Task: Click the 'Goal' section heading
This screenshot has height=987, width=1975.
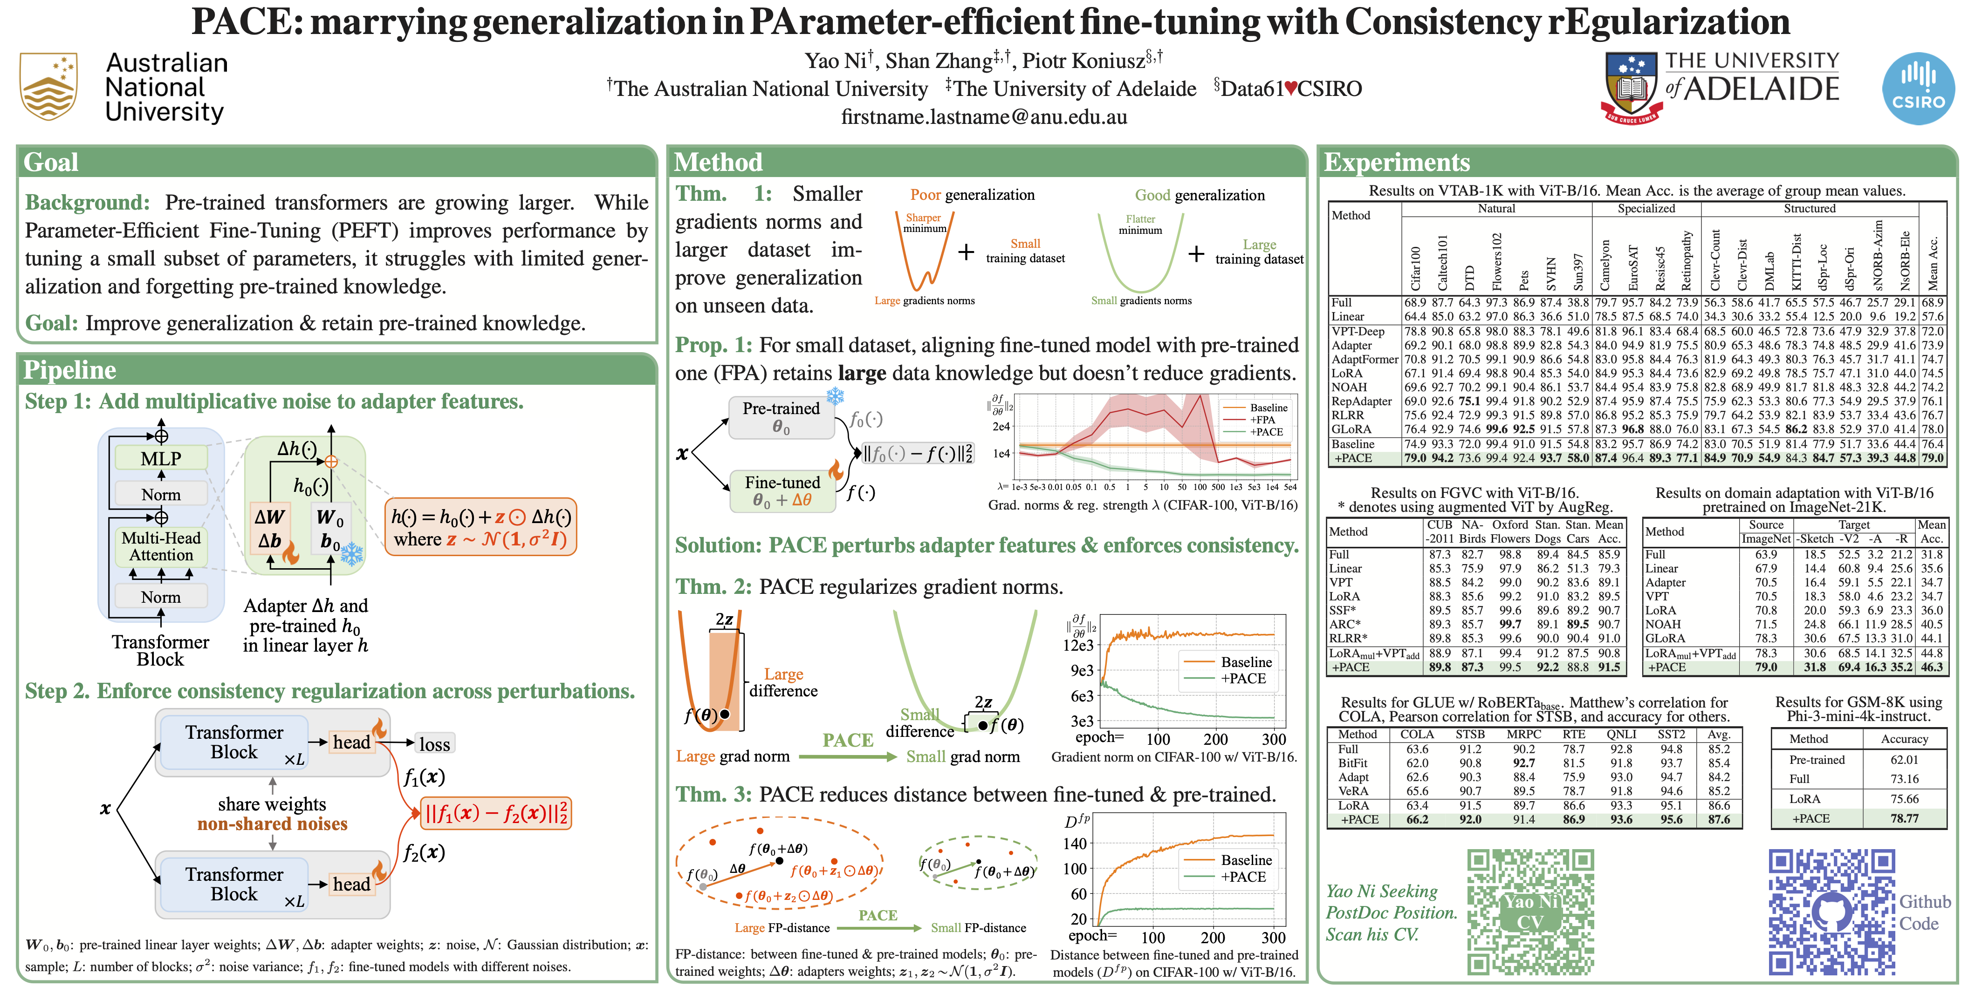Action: [51, 163]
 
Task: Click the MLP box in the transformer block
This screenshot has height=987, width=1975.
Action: [161, 458]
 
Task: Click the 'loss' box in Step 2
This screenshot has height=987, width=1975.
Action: [434, 744]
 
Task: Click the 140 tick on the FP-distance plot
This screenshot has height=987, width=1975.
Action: [1075, 844]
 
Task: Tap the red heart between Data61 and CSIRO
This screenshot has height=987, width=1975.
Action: [1291, 89]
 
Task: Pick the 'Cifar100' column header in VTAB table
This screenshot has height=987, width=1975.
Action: [1415, 268]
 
